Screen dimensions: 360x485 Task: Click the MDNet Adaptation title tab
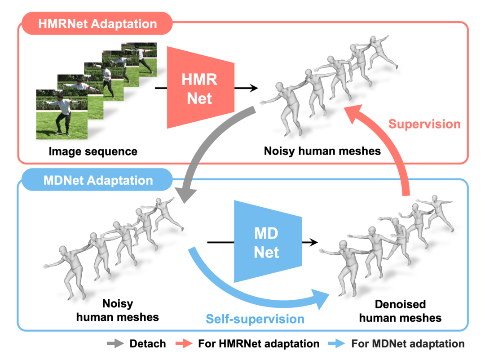coord(98,181)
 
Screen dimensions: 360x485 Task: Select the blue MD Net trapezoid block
coord(267,243)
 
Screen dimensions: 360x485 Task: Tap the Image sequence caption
coord(93,151)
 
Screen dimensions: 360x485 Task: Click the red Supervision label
coord(424,124)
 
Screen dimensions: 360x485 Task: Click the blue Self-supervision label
coord(255,319)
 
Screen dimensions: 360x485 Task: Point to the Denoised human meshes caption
coord(400,311)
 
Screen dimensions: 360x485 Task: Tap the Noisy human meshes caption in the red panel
coord(322,151)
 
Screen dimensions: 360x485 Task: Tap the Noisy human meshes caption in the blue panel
coord(118,310)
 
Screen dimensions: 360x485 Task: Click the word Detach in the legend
coord(147,344)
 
